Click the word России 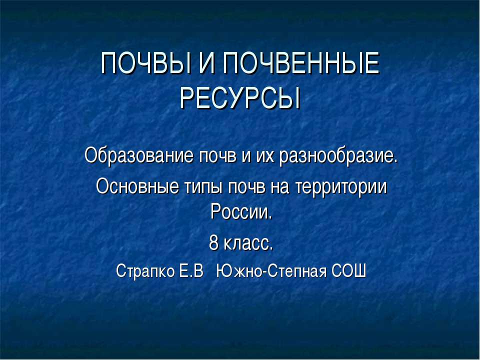click(240, 212)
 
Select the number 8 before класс click(214, 244)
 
